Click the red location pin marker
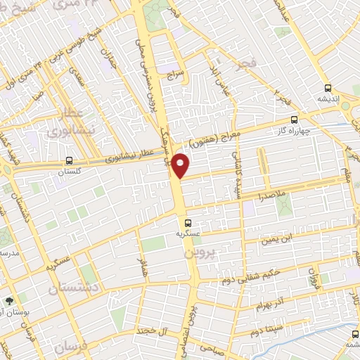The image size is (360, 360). click(181, 165)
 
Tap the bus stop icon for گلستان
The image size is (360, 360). click(68, 160)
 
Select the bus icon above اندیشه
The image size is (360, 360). click(327, 88)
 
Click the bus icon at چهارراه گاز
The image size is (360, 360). click(293, 120)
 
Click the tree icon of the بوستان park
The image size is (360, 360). click(10, 300)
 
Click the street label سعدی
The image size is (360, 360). click(79, 77)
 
